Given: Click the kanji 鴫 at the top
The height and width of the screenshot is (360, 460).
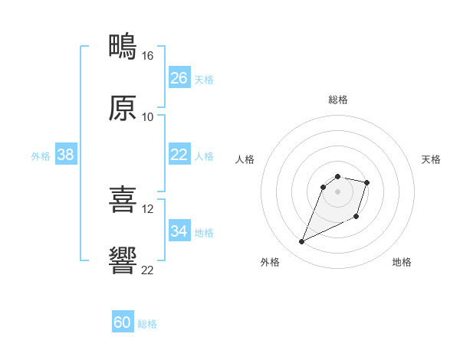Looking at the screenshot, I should [123, 47].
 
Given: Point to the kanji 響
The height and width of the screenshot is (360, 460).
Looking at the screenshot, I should [123, 261].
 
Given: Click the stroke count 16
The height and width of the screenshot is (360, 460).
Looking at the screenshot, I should [147, 56].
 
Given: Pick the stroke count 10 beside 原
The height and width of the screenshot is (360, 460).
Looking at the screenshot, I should [147, 116].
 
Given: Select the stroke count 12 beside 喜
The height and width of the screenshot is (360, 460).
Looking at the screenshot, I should [147, 208].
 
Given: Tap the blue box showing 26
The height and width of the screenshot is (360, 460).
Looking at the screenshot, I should [179, 78].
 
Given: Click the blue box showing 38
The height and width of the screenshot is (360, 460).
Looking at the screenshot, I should [66, 155].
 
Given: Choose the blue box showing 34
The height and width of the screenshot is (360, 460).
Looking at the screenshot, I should [179, 231].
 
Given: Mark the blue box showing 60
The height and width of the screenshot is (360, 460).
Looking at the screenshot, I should [123, 322].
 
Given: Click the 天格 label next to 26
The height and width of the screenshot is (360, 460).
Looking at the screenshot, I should [204, 79].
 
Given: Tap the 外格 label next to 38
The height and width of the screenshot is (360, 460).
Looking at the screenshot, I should [41, 155].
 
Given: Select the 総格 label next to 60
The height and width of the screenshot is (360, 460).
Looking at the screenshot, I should [147, 324].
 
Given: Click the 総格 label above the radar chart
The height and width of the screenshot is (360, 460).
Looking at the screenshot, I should [338, 100].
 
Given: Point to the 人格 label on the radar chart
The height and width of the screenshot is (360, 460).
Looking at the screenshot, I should [245, 159].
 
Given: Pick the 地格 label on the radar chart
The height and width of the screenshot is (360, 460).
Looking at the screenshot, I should [402, 262].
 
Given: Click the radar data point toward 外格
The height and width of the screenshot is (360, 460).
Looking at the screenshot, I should [302, 242].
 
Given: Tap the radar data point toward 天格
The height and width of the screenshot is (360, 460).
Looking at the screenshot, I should [367, 182].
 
